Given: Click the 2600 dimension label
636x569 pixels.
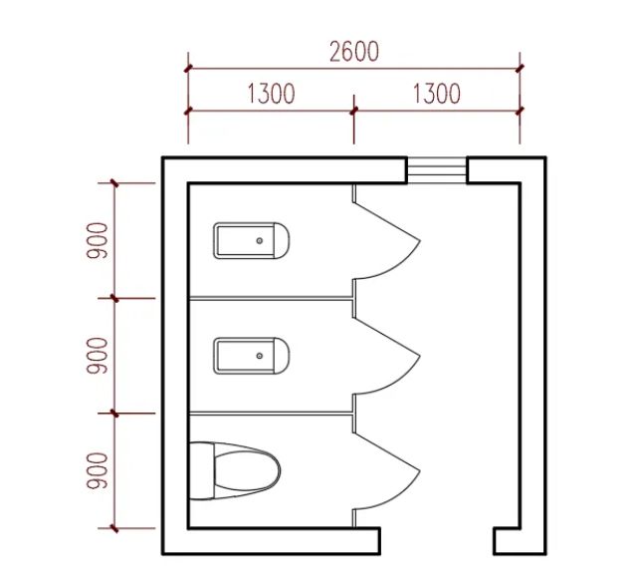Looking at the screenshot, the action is point(354,52).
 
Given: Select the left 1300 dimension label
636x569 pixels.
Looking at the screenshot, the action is point(271,94).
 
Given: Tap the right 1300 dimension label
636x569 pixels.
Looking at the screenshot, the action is point(436,94).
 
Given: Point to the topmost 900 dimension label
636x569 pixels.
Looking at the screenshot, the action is point(98,240).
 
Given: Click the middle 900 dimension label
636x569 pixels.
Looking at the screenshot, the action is point(98,356).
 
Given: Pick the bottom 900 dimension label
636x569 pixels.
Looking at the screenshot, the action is point(98,471).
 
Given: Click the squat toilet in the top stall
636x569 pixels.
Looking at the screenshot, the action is point(251,240).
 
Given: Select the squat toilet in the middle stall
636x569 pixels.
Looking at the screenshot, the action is point(251,356).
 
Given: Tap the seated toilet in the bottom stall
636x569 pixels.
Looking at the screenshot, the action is point(235,471).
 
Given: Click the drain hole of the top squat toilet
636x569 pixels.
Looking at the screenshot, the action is point(260,241).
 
